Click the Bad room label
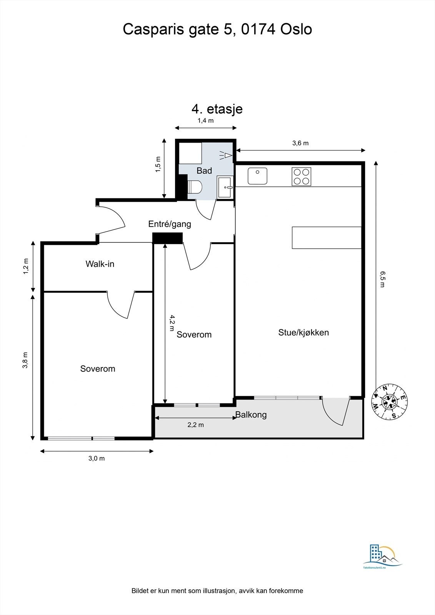coord(204,171)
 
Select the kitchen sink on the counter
coord(257,176)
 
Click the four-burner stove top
coord(301,177)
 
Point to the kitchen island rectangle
coord(327,238)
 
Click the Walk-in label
coord(100,264)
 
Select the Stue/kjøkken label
coord(303,332)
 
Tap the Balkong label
coord(251,415)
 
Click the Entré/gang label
coord(170,224)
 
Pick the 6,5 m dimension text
coord(382,279)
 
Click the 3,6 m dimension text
coord(300,143)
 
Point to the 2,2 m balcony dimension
coord(195,425)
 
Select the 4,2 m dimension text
coord(172,323)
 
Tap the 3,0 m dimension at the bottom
coord(97,458)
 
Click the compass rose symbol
coord(390,402)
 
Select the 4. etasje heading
coord(217,109)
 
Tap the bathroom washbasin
coord(225,188)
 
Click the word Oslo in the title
coord(296,29)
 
